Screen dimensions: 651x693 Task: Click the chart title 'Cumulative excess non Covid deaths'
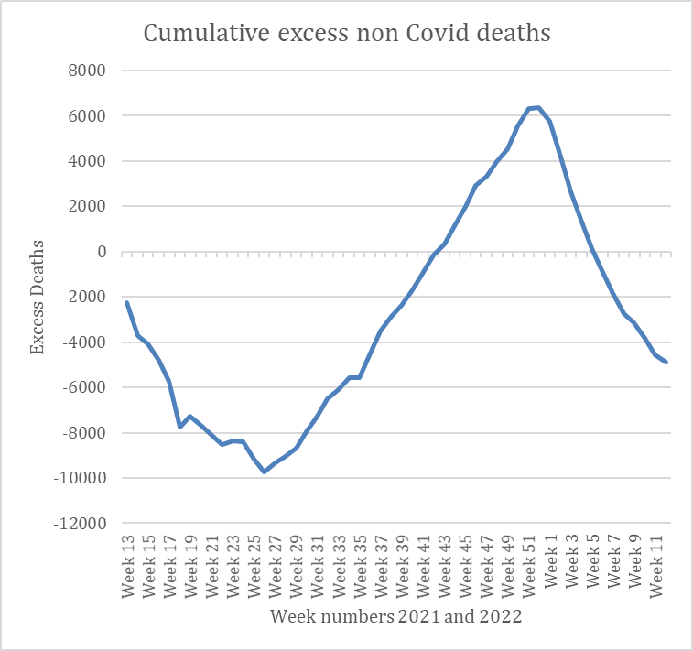pyautogui.click(x=347, y=34)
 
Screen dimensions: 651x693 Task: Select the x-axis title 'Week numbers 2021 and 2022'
pyautogui.click(x=395, y=616)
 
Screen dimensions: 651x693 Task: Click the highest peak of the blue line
pyautogui.click(x=538, y=107)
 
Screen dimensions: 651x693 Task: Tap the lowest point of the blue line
pyautogui.click(x=264, y=472)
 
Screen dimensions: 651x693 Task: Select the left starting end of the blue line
pyautogui.click(x=127, y=302)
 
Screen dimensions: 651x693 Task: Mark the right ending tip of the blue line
pyautogui.click(x=666, y=363)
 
